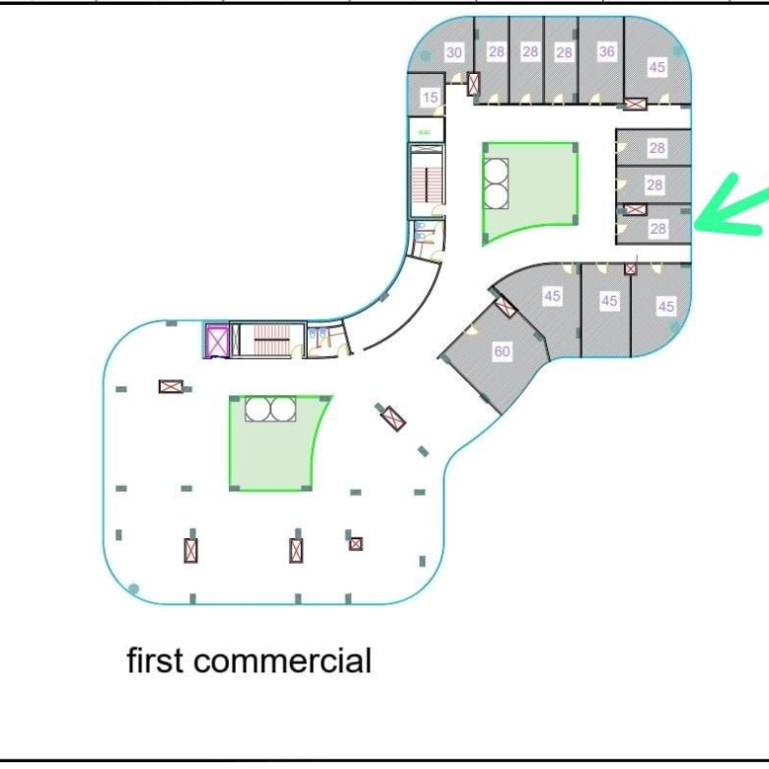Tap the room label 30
click(x=454, y=52)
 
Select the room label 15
click(x=430, y=97)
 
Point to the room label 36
click(x=606, y=51)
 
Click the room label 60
click(x=502, y=351)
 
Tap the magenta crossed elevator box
click(x=217, y=341)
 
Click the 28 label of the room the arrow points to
click(x=658, y=228)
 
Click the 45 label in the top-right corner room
click(x=657, y=67)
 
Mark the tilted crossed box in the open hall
click(x=393, y=418)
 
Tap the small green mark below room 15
click(x=425, y=132)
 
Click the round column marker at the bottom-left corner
click(x=133, y=589)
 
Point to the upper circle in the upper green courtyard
click(x=495, y=171)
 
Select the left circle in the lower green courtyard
click(x=258, y=409)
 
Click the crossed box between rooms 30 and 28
click(x=473, y=84)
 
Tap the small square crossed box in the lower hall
click(x=356, y=544)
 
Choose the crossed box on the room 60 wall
click(x=505, y=308)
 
